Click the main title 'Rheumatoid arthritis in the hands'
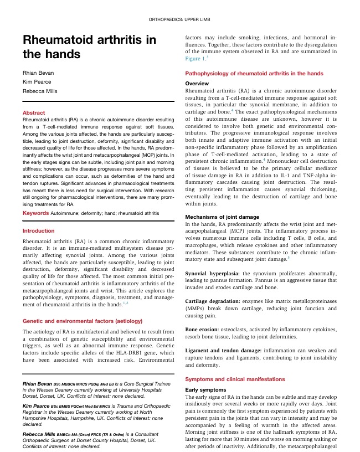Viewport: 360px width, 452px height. (x=89, y=47)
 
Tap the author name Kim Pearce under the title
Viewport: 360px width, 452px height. (x=36, y=82)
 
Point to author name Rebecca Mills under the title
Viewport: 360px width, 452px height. (x=40, y=91)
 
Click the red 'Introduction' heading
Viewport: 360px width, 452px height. (x=38, y=230)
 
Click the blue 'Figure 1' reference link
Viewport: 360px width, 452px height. (x=194, y=58)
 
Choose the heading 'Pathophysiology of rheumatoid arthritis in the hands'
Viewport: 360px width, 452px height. (x=254, y=73)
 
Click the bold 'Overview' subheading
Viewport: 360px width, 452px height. (x=197, y=83)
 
